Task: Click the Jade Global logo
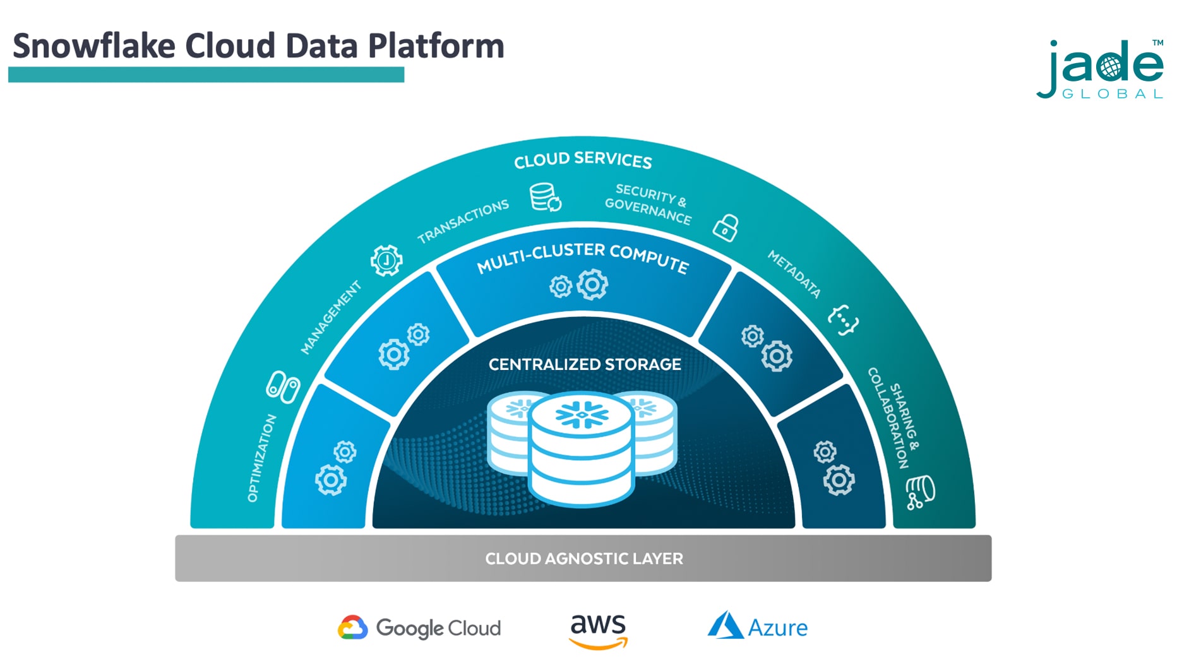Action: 1100,69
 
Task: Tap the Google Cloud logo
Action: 419,628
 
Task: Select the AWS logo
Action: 598,631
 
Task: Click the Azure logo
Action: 758,627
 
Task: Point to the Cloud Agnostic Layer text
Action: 583,559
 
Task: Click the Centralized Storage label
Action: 585,365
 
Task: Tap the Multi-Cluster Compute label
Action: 582,258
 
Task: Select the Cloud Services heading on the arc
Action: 583,160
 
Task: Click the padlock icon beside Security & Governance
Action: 726,227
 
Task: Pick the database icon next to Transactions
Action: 545,197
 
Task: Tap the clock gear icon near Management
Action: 386,260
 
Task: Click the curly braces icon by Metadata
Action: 844,320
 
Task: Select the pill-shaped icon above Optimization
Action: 283,386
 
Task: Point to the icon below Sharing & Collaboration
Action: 920,492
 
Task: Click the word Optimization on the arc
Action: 261,458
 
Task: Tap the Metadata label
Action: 794,274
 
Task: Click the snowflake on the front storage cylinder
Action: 582,415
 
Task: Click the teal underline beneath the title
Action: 206,74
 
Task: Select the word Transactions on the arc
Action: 463,221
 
